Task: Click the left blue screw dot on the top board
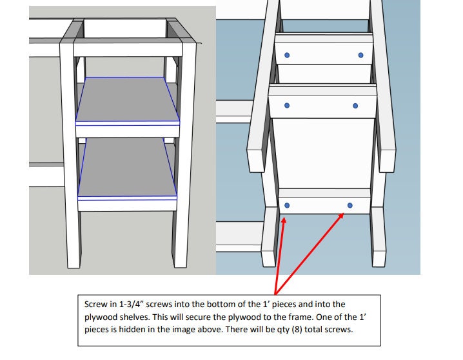tap(288, 55)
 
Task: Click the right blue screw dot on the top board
tap(360, 55)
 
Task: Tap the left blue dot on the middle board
tap(287, 105)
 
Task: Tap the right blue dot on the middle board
tap(355, 105)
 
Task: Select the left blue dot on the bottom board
tap(287, 205)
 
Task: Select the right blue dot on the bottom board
tap(350, 205)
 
